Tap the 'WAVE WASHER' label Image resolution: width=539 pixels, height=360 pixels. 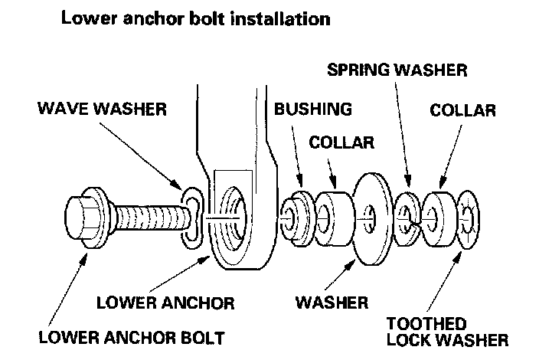pyautogui.click(x=102, y=109)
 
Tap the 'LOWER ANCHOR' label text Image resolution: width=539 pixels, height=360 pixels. pyautogui.click(x=165, y=301)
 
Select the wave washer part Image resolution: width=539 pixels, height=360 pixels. pyautogui.click(x=189, y=218)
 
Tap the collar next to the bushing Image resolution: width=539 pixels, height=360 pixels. pyautogui.click(x=334, y=214)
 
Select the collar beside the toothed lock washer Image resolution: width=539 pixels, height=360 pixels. pyautogui.click(x=441, y=216)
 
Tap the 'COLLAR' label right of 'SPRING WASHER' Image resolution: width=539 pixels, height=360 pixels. pyautogui.click(x=462, y=110)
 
